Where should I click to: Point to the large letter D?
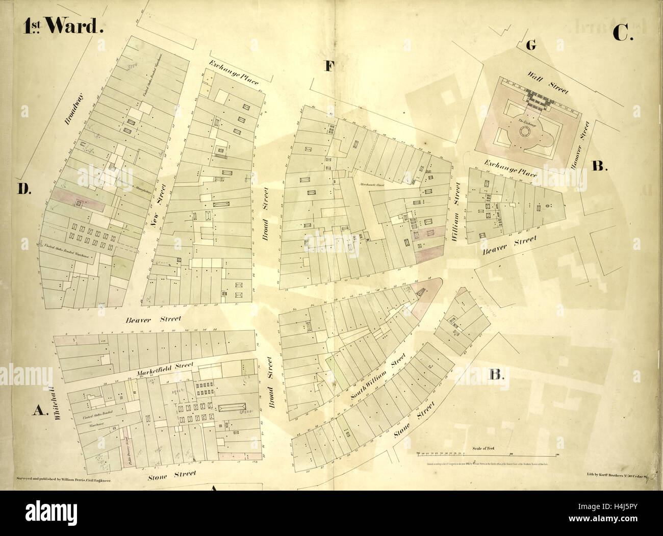point(23,189)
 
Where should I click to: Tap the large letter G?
point(531,45)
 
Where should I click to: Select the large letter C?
point(622,33)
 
